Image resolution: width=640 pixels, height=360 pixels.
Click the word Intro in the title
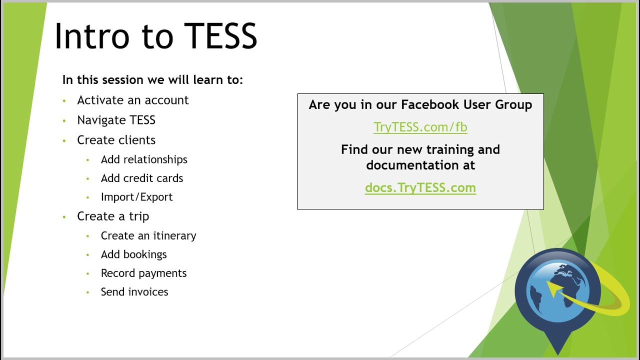click(91, 36)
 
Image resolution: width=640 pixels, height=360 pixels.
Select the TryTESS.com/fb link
click(420, 127)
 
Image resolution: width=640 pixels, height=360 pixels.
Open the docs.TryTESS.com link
click(420, 188)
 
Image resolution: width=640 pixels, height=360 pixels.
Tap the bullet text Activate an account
click(132, 100)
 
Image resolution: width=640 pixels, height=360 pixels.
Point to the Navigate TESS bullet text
click(116, 120)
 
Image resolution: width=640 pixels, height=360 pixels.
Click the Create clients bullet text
click(116, 140)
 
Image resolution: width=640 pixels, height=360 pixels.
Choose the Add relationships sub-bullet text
click(144, 159)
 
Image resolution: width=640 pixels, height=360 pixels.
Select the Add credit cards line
click(142, 178)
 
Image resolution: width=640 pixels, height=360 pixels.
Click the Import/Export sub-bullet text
click(136, 197)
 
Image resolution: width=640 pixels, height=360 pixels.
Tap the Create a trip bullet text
click(113, 216)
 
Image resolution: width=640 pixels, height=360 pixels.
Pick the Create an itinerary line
click(148, 235)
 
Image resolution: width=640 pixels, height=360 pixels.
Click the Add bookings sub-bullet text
click(133, 254)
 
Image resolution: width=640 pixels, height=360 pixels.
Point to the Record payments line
click(143, 273)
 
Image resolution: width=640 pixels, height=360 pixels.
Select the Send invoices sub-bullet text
click(134, 292)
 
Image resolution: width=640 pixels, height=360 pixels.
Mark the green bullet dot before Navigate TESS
click(64, 120)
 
